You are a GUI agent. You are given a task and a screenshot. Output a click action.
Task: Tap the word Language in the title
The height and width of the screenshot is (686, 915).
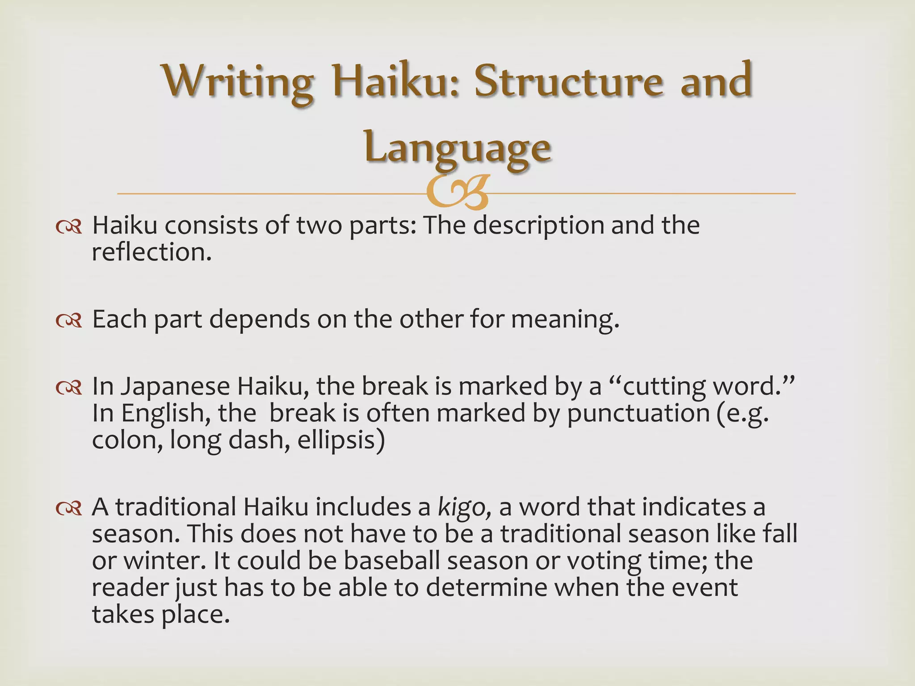457,147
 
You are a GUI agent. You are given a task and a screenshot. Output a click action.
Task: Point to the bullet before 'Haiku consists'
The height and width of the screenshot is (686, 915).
69,228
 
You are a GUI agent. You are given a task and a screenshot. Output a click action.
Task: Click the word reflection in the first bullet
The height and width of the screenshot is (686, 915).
151,252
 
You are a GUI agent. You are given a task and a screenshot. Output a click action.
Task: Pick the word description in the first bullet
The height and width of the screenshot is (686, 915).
538,226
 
